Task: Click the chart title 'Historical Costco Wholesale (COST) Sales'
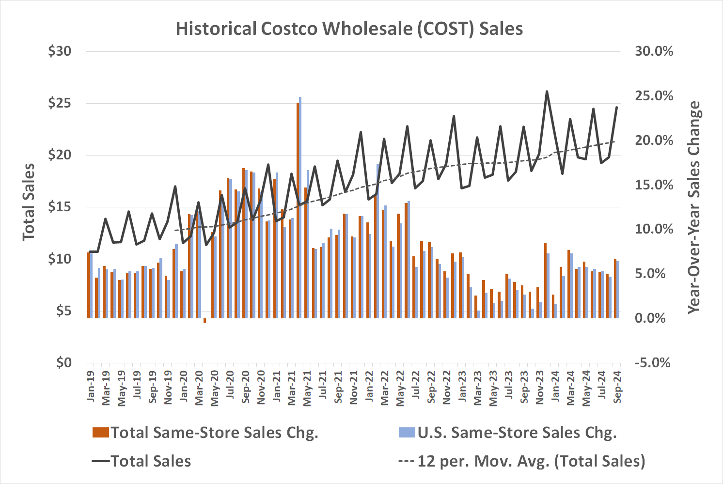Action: pyautogui.click(x=349, y=29)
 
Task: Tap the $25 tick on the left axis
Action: pyautogui.click(x=59, y=103)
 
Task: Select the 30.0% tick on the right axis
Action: pyautogui.click(x=654, y=51)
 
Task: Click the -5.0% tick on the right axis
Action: pyautogui.click(x=652, y=362)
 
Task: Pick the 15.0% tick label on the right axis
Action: pyautogui.click(x=654, y=185)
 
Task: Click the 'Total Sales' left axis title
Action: pyautogui.click(x=29, y=202)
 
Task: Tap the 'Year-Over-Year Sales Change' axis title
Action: pyautogui.click(x=694, y=207)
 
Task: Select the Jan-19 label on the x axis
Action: pyautogui.click(x=91, y=386)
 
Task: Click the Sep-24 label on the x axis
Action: pyautogui.click(x=617, y=386)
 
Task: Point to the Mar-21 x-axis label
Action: pyautogui.click(x=292, y=386)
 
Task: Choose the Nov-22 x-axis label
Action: pyautogui.click(x=447, y=386)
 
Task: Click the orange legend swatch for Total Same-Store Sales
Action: pyautogui.click(x=100, y=433)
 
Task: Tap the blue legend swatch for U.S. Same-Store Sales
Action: pyautogui.click(x=407, y=433)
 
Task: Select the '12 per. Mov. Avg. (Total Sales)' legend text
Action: pyautogui.click(x=531, y=461)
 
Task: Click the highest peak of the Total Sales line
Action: pyautogui.click(x=547, y=91)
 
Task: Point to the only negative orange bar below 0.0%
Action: pyautogui.click(x=204, y=321)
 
